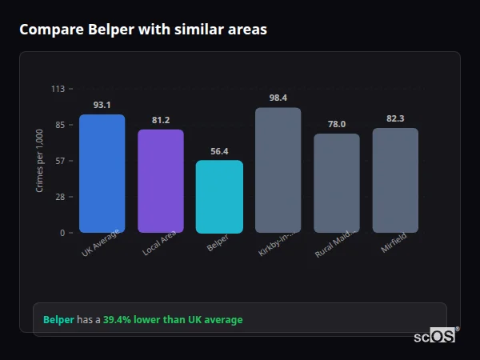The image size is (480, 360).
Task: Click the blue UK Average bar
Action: tap(102, 174)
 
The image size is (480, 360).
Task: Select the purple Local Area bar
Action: tap(161, 181)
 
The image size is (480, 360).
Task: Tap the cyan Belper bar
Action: tap(219, 197)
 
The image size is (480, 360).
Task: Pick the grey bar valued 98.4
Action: tap(278, 170)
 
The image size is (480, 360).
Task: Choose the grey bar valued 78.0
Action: tap(336, 183)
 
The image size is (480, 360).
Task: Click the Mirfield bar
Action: tap(395, 180)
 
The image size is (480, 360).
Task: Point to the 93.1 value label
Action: tap(102, 105)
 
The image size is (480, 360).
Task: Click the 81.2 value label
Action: tap(161, 120)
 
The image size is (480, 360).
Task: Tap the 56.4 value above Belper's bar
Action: tap(219, 151)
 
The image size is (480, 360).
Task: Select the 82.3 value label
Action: tap(395, 118)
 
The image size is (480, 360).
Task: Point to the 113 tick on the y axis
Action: tap(58, 89)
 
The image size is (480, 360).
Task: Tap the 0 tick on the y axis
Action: tap(62, 233)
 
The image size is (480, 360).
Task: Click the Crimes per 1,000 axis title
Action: tap(40, 161)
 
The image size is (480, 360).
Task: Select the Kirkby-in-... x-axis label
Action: tap(278, 244)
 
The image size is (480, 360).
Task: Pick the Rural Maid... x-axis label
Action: tap(335, 244)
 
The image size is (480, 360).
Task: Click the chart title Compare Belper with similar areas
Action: tap(143, 30)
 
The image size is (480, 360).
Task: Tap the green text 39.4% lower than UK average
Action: tap(172, 320)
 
